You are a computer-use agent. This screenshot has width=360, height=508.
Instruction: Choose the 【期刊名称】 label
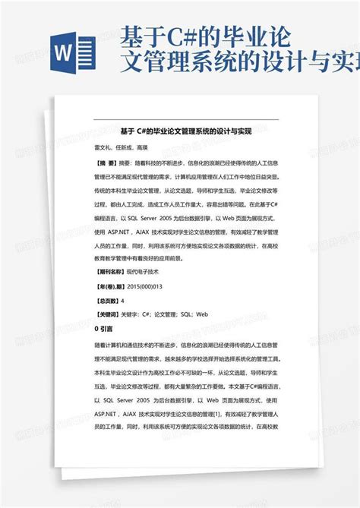coord(110,270)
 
